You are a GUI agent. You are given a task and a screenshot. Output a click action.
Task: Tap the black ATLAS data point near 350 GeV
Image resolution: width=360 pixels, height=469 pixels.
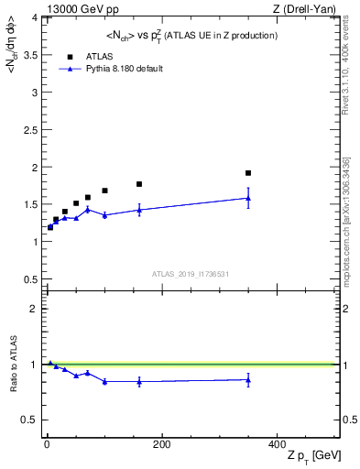pyautogui.click(x=248, y=173)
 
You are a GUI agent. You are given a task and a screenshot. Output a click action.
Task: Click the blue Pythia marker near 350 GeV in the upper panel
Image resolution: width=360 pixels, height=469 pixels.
pyautogui.click(x=248, y=198)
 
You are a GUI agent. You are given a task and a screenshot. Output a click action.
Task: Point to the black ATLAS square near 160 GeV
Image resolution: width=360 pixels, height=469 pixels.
pyautogui.click(x=139, y=184)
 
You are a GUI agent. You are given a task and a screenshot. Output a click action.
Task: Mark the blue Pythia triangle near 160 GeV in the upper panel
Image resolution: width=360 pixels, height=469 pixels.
pyautogui.click(x=139, y=210)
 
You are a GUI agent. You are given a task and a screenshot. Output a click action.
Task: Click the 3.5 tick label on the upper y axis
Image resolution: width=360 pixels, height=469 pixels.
pyautogui.click(x=29, y=55)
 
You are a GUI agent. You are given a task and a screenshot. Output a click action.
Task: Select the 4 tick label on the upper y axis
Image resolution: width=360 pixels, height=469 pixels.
pyautogui.click(x=34, y=17)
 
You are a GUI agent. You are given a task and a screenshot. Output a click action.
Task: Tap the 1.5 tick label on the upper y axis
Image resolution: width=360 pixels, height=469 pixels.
pyautogui.click(x=29, y=204)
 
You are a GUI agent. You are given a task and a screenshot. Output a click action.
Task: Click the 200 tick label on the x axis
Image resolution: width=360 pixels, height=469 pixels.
pyautogui.click(x=161, y=444)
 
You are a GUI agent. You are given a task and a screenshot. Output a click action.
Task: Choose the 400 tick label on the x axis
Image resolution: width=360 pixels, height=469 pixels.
pyautogui.click(x=277, y=444)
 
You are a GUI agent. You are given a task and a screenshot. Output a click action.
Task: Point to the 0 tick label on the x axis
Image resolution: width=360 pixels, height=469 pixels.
pyautogui.click(x=47, y=444)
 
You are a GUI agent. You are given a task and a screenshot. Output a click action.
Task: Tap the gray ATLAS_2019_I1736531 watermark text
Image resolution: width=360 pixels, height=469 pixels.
pyautogui.click(x=191, y=274)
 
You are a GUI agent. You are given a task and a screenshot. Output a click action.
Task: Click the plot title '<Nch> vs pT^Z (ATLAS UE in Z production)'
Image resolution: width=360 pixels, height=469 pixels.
pyautogui.click(x=191, y=35)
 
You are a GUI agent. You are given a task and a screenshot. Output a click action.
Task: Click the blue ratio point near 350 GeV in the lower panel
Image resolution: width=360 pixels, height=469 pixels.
pyautogui.click(x=248, y=380)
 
